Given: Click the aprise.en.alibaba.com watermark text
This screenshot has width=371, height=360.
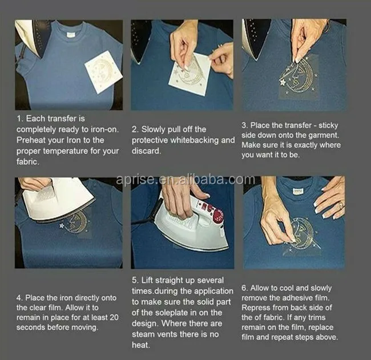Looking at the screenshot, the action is (185, 180).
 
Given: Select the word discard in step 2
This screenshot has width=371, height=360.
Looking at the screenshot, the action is (146, 151).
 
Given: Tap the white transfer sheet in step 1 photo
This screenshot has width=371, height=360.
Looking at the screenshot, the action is (103, 72).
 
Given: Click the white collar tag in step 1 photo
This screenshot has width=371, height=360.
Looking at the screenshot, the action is (71, 35).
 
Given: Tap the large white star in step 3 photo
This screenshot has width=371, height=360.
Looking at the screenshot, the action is (283, 82).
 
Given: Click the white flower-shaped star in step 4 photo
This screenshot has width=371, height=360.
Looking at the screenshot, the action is (62, 226).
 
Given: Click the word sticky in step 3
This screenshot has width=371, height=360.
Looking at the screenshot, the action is (328, 126).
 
